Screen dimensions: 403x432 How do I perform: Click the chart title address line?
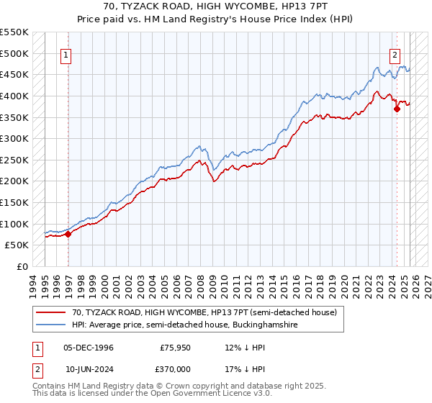pyautogui.click(x=216, y=6)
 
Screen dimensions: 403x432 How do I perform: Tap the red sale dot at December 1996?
pyautogui.click(x=68, y=233)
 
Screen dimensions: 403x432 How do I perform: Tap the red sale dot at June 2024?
pyautogui.click(x=396, y=109)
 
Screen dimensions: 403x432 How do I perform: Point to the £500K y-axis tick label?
pyautogui.click(x=14, y=53)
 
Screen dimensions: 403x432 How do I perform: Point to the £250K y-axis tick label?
pyautogui.click(x=14, y=160)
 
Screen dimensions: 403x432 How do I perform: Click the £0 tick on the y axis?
pyautogui.click(x=23, y=266)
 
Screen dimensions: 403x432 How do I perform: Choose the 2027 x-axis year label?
pyautogui.click(x=426, y=281)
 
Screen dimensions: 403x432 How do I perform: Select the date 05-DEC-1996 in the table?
pyautogui.click(x=89, y=347)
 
